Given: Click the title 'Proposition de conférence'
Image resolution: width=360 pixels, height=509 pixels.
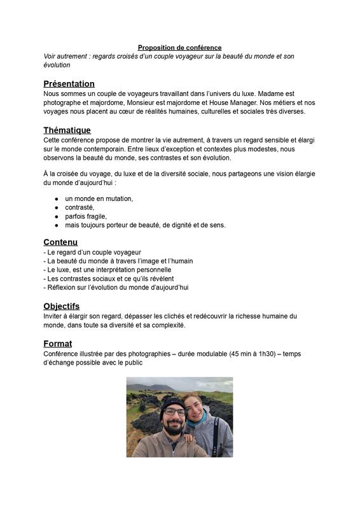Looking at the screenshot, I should pos(179,48).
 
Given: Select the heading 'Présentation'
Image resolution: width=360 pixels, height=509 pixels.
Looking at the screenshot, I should pos(69,84).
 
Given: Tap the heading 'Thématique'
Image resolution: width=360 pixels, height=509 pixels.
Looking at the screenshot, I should pos(67,130).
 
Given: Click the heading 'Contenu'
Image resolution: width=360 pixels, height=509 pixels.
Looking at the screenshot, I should pos(60,242).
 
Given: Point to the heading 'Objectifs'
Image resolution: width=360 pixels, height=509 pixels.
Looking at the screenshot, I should pos(61,306).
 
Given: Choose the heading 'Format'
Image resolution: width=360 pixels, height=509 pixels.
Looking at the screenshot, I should pos(57,344).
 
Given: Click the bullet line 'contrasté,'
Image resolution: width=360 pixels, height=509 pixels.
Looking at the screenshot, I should pos(79,207).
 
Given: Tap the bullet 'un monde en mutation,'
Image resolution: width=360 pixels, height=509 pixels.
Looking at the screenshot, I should pos(99,199).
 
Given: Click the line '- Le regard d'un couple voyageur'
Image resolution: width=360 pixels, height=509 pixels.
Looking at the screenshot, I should pos(92,252).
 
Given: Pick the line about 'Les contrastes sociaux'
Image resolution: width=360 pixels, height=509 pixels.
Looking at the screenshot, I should pos(108,279).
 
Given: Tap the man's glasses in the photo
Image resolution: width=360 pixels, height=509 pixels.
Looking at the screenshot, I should pos(174,412).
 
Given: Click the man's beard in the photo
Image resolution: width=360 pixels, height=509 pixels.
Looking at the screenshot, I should pos(172,427).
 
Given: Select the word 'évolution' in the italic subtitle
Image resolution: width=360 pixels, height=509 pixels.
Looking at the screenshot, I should pos(57,65).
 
